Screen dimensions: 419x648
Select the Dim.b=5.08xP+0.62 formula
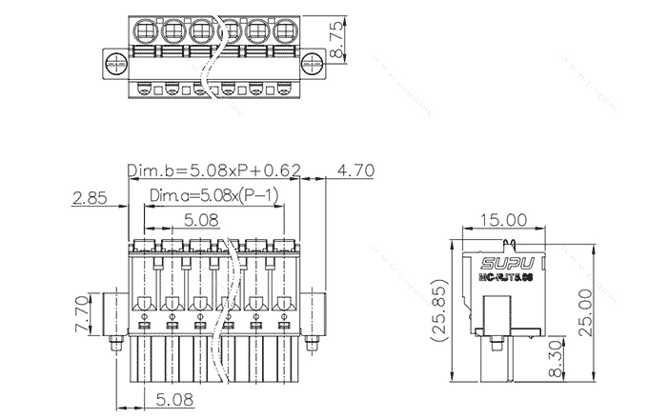pyautogui.click(x=215, y=170)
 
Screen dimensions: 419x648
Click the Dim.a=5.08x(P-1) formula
pyautogui.click(x=213, y=196)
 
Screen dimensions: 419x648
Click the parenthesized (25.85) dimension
pyautogui.click(x=438, y=310)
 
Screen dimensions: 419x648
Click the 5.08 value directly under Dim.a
pyautogui.click(x=200, y=220)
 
